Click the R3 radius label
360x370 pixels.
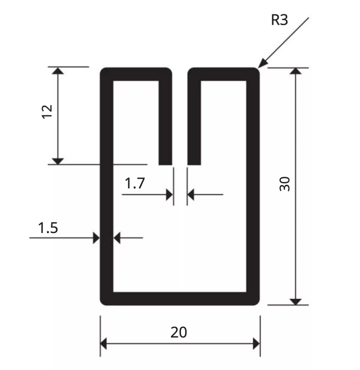pyautogui.click(x=279, y=20)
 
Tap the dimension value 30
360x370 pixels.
pyautogui.click(x=285, y=184)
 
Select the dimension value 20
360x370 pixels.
pyautogui.click(x=179, y=332)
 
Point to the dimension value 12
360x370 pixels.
pyautogui.click(x=47, y=111)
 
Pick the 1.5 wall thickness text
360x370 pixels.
pyautogui.click(x=48, y=228)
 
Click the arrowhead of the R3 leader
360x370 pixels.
pyautogui.click(x=263, y=63)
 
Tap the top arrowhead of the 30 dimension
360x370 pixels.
pyautogui.click(x=296, y=71)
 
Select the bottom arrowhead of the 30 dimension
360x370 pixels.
pyautogui.click(x=296, y=302)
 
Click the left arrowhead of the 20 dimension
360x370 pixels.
pyautogui.click(x=103, y=344)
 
